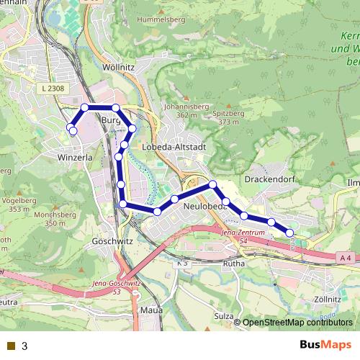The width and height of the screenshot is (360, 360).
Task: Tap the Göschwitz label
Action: pos(112,241)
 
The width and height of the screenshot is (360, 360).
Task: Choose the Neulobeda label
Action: pos(205,206)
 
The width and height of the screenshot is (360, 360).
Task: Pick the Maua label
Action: pos(152,311)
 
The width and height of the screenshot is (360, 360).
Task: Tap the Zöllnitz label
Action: pos(328,298)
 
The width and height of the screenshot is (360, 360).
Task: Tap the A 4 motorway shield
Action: pos(346,256)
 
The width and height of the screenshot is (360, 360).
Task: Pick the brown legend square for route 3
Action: pos(10,346)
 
